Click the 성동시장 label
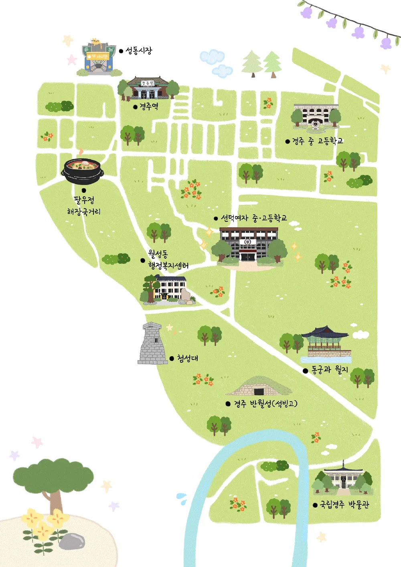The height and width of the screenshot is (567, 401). coord(139,51)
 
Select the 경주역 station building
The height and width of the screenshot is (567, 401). coord(148,88)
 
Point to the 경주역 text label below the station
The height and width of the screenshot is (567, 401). coord(148,106)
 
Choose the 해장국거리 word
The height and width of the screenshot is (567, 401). coord(84,211)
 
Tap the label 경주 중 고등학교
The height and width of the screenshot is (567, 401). coord(317,141)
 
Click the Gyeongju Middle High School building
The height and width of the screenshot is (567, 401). coord(316,116)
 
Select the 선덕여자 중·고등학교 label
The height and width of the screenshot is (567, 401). coord(254,218)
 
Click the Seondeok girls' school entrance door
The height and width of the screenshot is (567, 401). coord(248,255)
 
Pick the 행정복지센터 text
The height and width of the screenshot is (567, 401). coord(168,265)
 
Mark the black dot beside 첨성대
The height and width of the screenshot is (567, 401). coord(172,358)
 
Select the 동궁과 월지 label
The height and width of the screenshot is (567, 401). coord(330,370)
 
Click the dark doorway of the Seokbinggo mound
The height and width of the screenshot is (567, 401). coord(259,391)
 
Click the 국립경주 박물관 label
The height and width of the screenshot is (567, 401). coord(344,504)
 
